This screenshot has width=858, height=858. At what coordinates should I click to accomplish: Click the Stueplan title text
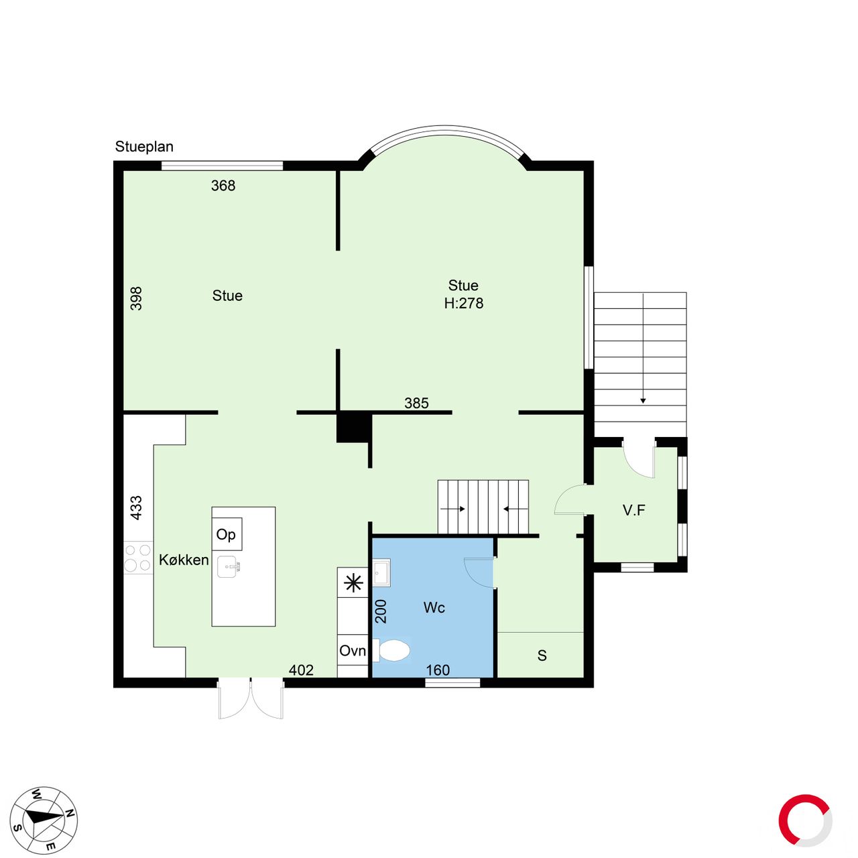[144, 147]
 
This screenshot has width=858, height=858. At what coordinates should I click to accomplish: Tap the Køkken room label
[184, 560]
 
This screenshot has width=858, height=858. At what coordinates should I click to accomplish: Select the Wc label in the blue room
[434, 607]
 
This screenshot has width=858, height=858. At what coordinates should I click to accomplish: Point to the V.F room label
[633, 510]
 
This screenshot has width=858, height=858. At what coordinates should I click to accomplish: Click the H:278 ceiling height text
[463, 303]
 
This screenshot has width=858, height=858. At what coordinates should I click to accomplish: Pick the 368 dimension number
[223, 186]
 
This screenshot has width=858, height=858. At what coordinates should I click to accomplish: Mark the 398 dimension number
[136, 298]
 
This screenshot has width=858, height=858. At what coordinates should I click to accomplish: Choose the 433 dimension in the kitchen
[136, 507]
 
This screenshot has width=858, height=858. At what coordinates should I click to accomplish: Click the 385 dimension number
[416, 403]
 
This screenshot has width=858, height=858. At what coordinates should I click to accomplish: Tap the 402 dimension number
[301, 670]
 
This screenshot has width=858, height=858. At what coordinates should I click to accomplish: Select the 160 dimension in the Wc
[438, 670]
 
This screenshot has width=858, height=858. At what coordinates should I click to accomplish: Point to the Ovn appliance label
[352, 651]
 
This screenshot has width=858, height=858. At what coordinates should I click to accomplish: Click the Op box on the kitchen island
[227, 534]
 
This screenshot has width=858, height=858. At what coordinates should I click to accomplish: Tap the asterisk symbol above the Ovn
[353, 583]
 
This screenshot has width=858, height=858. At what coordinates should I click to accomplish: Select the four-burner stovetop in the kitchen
[137, 558]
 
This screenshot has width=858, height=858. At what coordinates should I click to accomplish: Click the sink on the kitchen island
[229, 567]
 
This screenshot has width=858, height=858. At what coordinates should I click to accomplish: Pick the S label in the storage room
[542, 656]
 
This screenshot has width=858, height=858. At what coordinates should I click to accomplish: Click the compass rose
[44, 821]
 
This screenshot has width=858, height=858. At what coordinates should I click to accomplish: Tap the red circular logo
[805, 820]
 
